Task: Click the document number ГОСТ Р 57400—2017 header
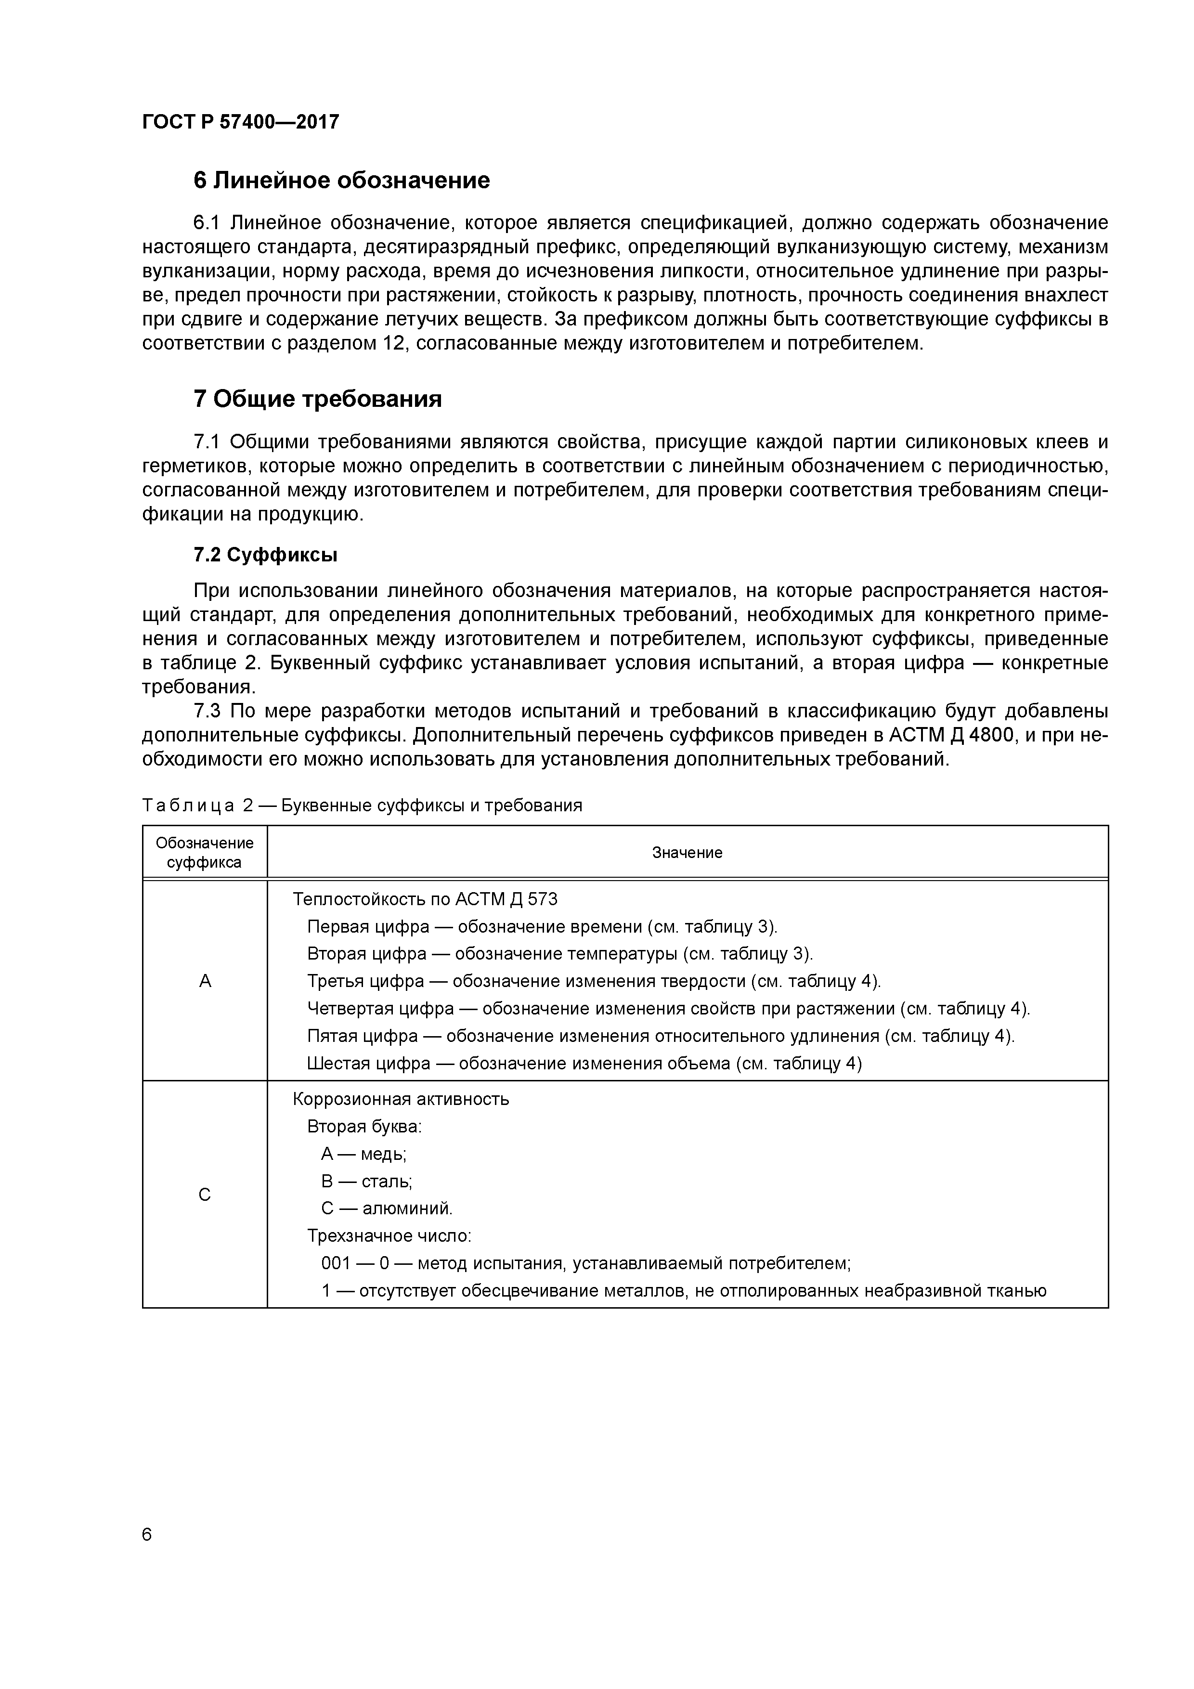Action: [241, 122]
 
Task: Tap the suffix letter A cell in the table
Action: [205, 981]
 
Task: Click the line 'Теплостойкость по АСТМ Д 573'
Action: [425, 899]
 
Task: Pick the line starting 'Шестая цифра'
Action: [584, 1063]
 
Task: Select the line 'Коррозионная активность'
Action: [401, 1099]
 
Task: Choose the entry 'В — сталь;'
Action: [366, 1182]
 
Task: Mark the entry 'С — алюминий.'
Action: [387, 1208]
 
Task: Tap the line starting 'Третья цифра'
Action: [594, 981]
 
